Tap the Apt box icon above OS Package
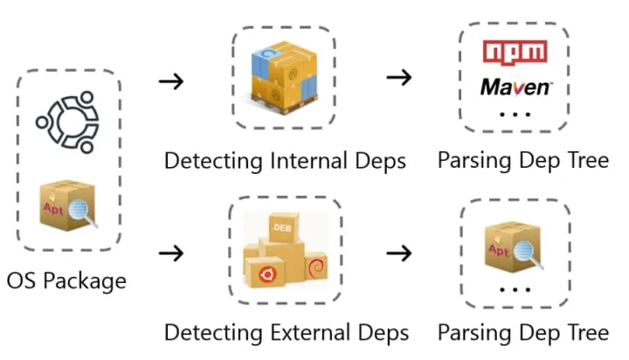point(68,204)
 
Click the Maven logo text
point(515,87)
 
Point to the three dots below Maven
point(515,114)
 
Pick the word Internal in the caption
point(313,161)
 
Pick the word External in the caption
point(314,333)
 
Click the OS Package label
point(66,280)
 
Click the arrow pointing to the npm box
point(399,77)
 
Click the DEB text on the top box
point(281,227)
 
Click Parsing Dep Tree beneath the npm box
point(522,161)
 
